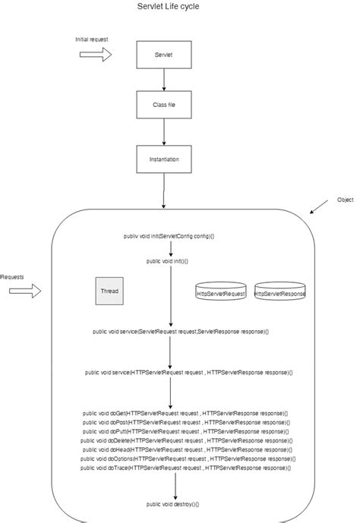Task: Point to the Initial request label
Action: [x=91, y=38]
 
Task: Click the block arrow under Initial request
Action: [x=96, y=54]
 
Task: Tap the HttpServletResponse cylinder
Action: [x=280, y=292]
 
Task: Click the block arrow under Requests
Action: [x=22, y=292]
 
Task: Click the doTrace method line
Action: [x=185, y=468]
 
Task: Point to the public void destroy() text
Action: [x=172, y=504]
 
